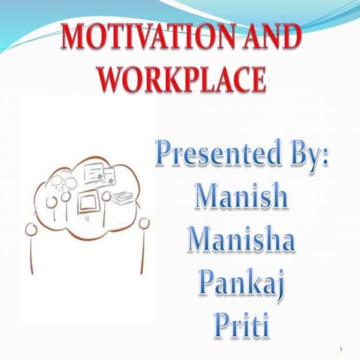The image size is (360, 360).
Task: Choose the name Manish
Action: tap(241, 196)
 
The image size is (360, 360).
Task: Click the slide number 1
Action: tap(340, 347)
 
